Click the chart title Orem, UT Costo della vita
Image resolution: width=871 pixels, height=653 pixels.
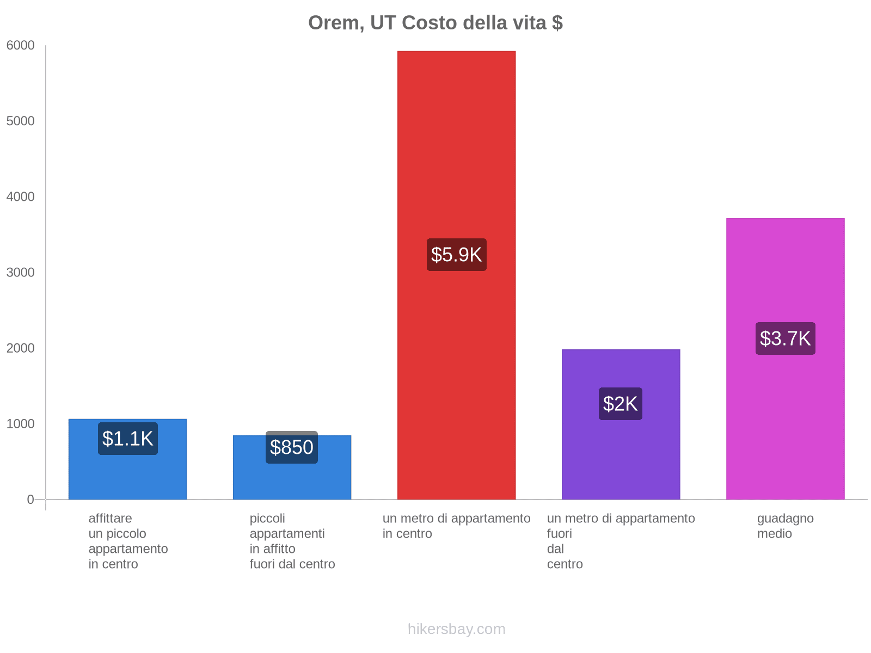point(435,23)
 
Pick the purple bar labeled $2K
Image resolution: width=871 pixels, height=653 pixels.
point(621,457)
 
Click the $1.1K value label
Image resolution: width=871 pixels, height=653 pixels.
point(128,439)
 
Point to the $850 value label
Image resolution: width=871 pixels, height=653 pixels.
point(292,447)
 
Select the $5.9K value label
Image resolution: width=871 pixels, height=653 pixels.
point(456,255)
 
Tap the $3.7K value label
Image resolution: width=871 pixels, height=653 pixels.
point(785,338)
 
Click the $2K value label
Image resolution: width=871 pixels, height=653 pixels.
point(621,404)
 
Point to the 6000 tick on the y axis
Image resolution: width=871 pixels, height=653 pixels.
point(21,46)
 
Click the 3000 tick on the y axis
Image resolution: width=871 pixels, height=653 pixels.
point(21,273)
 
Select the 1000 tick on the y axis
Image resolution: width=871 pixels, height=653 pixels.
point(21,424)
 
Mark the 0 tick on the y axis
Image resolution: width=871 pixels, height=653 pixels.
point(30,500)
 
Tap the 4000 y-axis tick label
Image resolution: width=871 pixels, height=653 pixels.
point(21,197)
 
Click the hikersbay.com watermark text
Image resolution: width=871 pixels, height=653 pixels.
point(456,629)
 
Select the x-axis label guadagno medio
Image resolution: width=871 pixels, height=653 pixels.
point(785,526)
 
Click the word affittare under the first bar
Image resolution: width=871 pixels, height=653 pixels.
point(110,518)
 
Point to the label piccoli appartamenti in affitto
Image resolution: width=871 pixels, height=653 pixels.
point(292,541)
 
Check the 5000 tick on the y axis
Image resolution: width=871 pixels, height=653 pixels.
point(21,121)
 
